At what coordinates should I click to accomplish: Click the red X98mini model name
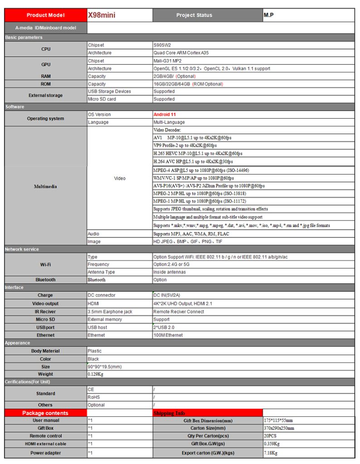[x=102, y=15]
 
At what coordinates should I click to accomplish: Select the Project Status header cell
[x=194, y=15]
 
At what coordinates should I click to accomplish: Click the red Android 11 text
[x=165, y=115]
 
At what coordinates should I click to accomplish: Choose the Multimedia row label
[x=45, y=186]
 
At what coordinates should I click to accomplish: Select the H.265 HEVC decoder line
[x=198, y=154]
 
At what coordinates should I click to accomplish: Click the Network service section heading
[x=22, y=249]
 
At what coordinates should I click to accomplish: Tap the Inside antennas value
[x=169, y=272]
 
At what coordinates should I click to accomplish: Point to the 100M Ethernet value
[x=168, y=335]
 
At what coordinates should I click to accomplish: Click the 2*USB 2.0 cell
[x=164, y=327]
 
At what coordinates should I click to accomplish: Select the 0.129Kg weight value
[x=96, y=374]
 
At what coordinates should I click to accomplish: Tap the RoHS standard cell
[x=93, y=397]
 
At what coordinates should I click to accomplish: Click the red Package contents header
[x=45, y=413]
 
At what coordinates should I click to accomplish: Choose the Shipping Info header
[x=169, y=413]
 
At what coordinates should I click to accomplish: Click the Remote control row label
[x=45, y=436]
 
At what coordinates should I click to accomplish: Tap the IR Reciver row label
[x=45, y=312]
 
